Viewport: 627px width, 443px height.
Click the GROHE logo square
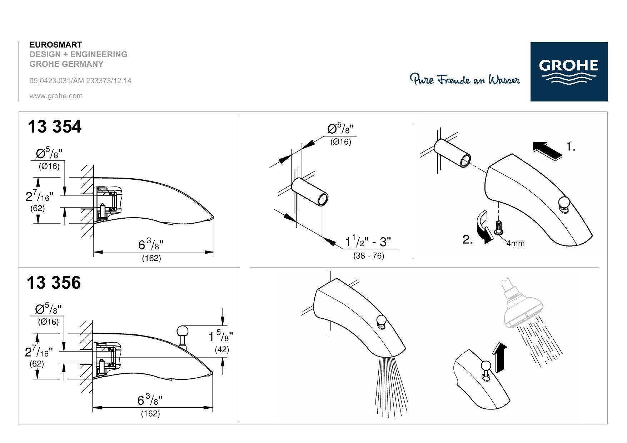(x=569, y=71)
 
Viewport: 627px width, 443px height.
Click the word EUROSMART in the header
(x=56, y=45)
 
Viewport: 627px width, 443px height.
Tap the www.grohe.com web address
(x=56, y=96)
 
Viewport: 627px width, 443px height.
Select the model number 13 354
(x=54, y=126)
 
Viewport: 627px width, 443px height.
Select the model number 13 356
(x=54, y=283)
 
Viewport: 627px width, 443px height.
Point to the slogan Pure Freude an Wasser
(x=465, y=79)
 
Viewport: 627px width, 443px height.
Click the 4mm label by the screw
(x=515, y=243)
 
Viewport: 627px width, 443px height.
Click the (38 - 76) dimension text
(x=369, y=256)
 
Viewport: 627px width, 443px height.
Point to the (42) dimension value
(x=222, y=349)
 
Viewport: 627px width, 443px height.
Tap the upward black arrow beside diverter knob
(x=499, y=357)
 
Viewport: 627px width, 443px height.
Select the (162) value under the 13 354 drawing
(x=151, y=258)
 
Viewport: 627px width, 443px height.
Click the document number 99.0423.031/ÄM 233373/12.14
(x=80, y=81)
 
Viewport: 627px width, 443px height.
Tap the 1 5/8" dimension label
(x=221, y=336)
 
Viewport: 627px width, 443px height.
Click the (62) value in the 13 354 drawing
(x=37, y=208)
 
